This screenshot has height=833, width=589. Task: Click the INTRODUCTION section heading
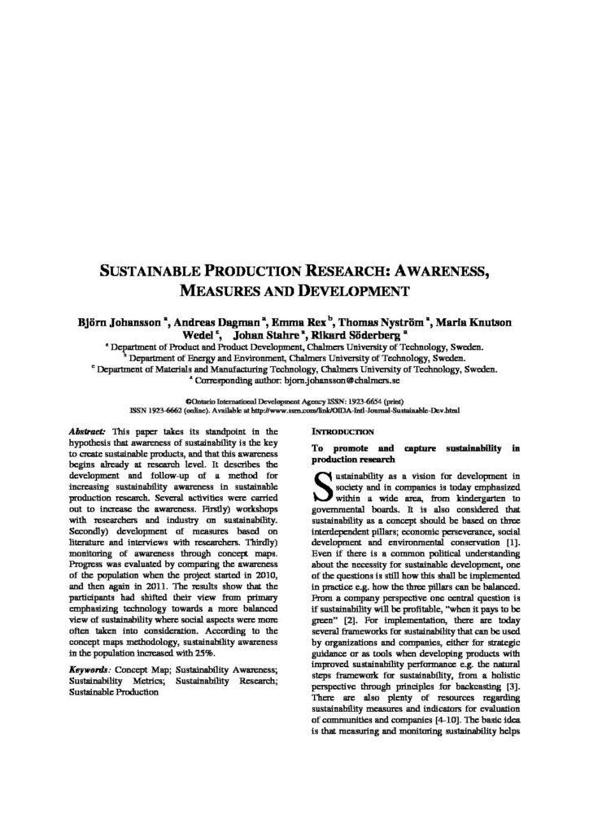tap(342, 431)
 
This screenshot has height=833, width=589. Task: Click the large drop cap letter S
tap(321, 485)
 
